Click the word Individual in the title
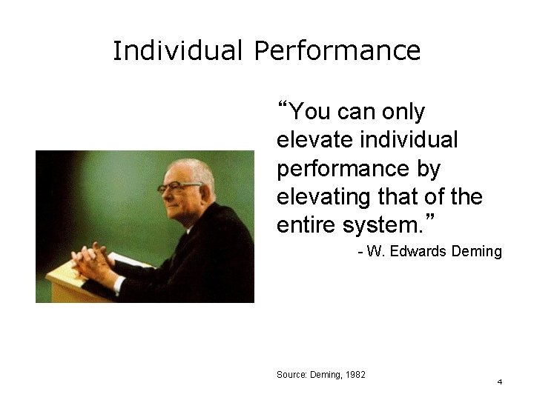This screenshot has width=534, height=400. click(x=179, y=51)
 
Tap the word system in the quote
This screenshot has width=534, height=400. click(x=369, y=225)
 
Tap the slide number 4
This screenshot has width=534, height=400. click(x=499, y=382)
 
